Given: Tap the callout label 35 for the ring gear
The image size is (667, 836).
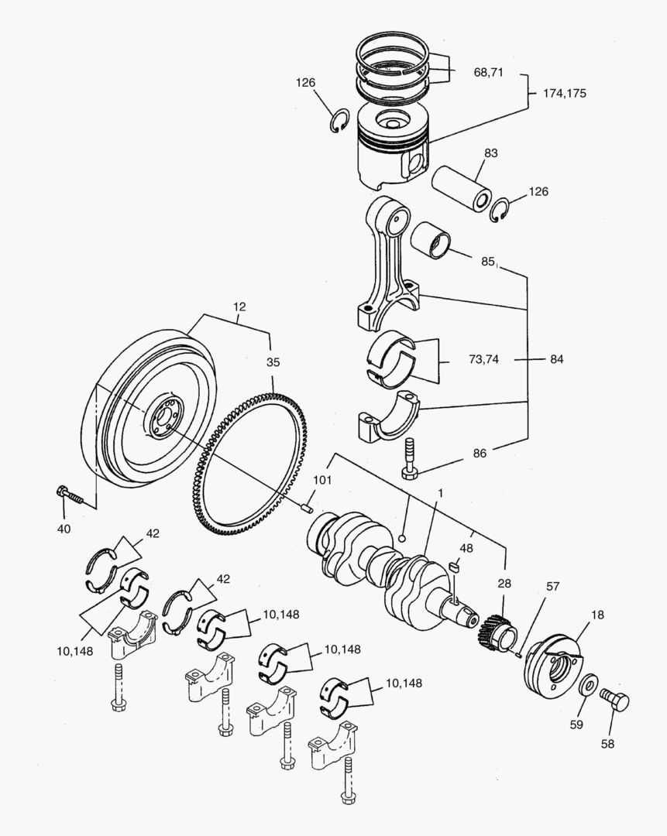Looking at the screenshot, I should [x=273, y=361].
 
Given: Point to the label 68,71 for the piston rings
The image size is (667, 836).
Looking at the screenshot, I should [x=488, y=72].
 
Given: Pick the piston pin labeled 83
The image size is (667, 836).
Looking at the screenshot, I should [x=462, y=188].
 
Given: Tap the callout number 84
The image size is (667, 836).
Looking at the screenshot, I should [x=556, y=359].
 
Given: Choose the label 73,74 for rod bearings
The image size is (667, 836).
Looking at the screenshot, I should [x=483, y=359].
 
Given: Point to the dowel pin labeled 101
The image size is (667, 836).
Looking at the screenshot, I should [x=307, y=508].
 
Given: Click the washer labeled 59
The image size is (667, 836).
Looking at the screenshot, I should [x=588, y=684].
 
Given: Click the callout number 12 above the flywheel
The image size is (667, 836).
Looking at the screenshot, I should [x=239, y=307].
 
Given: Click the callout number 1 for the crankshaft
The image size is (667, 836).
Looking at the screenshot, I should [x=439, y=493].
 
